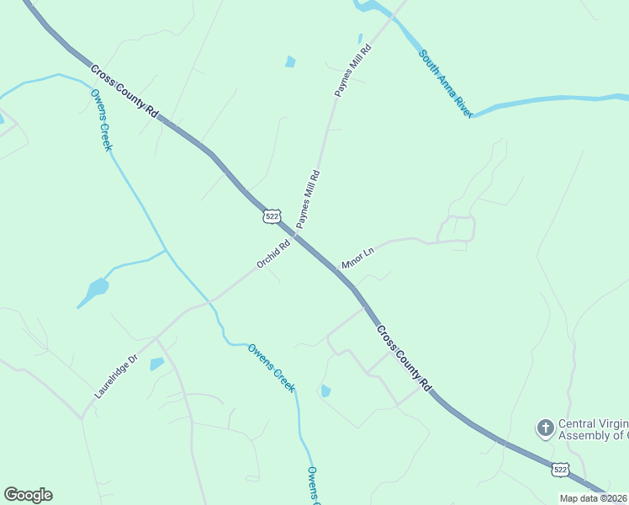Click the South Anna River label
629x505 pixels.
pos(447,83)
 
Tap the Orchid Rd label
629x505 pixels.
pos(273,254)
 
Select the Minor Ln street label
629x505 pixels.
pos(357,258)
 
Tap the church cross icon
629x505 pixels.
pos(545,429)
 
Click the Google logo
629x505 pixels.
pos(28,495)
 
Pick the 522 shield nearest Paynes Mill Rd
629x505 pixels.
pos(271,216)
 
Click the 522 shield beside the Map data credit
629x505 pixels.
pos(560,467)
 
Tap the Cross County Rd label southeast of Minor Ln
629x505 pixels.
pos(404,358)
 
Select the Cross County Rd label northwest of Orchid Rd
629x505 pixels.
pos(124,93)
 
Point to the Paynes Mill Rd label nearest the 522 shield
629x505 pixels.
pos(308,199)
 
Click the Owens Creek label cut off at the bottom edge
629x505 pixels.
pos(311,486)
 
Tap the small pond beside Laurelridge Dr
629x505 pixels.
pos(156,364)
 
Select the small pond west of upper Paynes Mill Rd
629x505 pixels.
pos(291,61)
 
